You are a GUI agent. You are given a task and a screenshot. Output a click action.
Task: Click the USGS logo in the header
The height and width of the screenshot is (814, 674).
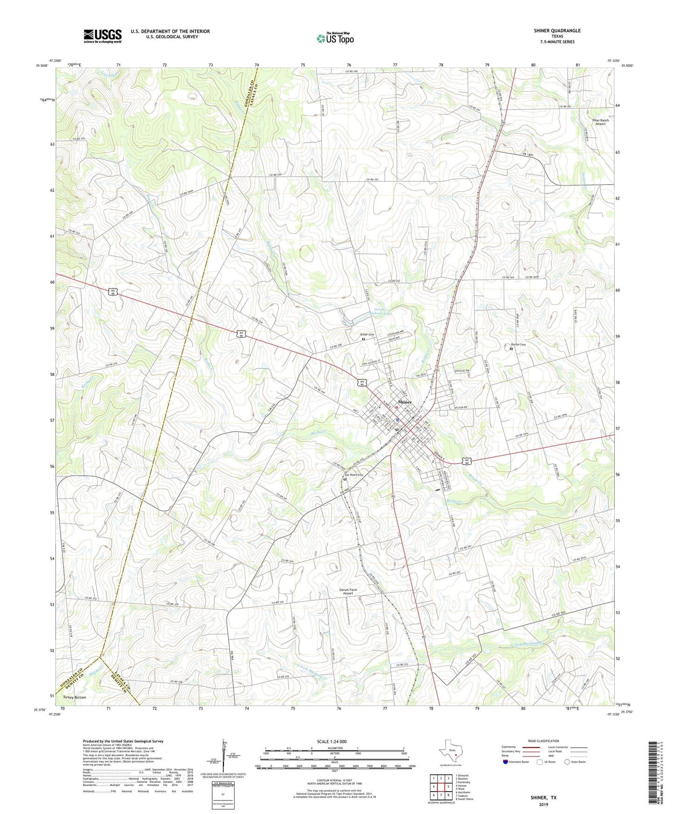click(103, 36)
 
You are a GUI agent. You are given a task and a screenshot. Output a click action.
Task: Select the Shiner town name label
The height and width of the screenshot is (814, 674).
click(404, 402)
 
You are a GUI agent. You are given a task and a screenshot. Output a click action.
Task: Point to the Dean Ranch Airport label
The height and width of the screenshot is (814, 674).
click(600, 122)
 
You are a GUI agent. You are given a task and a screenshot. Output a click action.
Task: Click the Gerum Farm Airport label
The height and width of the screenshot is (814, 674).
click(348, 591)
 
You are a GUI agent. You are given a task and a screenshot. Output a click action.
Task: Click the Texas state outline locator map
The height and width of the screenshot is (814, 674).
click(450, 750)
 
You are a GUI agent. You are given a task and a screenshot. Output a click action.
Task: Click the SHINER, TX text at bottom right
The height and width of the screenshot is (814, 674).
click(543, 798)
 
